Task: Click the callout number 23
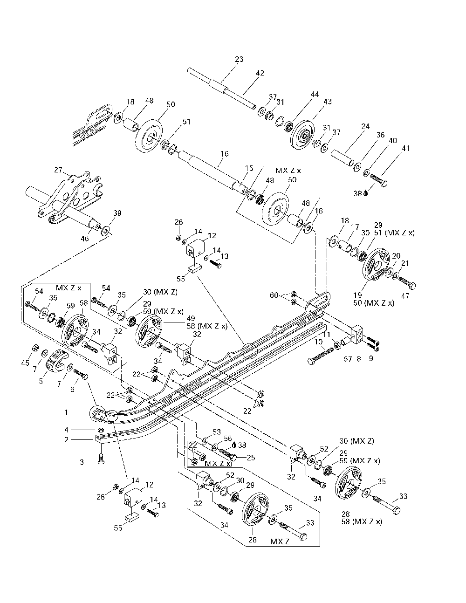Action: click(239, 59)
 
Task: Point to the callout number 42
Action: click(260, 73)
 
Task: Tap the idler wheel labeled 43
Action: click(303, 136)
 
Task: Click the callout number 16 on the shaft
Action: click(225, 153)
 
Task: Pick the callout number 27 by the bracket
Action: click(58, 170)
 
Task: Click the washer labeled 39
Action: click(106, 230)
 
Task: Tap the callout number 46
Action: click(85, 238)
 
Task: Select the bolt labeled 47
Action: click(407, 283)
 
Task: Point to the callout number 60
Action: click(274, 295)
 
